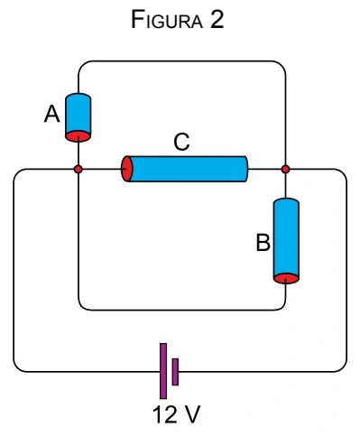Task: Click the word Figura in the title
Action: tap(167, 20)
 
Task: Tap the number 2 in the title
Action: tap(217, 19)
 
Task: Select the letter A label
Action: tap(52, 115)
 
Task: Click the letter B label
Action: tap(263, 243)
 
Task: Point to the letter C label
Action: tap(181, 142)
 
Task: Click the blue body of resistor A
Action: tap(78, 115)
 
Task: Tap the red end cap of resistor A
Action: tap(78, 136)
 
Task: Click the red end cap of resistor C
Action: tap(126, 169)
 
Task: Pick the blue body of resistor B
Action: tap(286, 237)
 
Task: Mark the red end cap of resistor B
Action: tap(286, 278)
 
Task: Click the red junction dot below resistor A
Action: tap(78, 169)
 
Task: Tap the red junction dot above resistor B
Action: tap(286, 169)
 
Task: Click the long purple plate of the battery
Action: tap(163, 371)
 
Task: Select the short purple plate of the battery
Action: tap(175, 372)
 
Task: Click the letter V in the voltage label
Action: tap(191, 415)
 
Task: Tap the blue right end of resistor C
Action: tap(246, 169)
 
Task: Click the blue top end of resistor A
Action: tap(78, 97)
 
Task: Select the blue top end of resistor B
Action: tap(286, 201)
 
